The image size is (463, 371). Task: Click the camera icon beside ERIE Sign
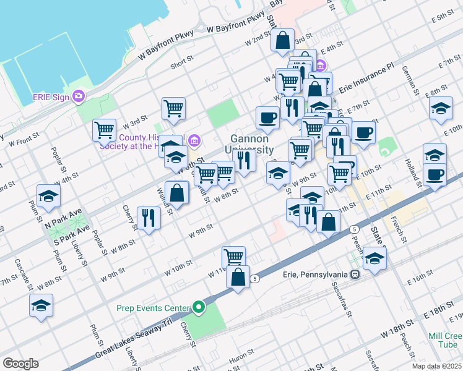coord(78,96)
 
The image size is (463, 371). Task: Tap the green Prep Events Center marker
coord(198,306)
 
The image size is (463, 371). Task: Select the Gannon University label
coord(251,145)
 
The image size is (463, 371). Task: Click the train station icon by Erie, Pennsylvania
coord(355,275)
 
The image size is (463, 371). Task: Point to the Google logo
coord(20,363)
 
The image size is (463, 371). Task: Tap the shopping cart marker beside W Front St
coord(104,130)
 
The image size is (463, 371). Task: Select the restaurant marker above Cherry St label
coord(149,218)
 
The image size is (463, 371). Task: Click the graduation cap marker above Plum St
coord(47,196)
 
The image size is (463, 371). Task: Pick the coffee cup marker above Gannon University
coord(267,117)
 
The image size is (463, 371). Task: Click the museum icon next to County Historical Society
coord(194,142)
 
